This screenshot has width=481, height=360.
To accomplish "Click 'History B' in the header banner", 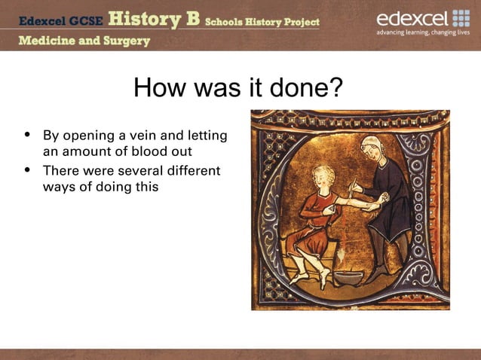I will (x=155, y=20).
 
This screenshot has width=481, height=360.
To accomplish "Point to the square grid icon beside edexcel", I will (x=461, y=18).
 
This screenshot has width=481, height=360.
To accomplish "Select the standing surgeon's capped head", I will (x=372, y=147).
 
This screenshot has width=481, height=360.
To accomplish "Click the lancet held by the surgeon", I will (x=351, y=185).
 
